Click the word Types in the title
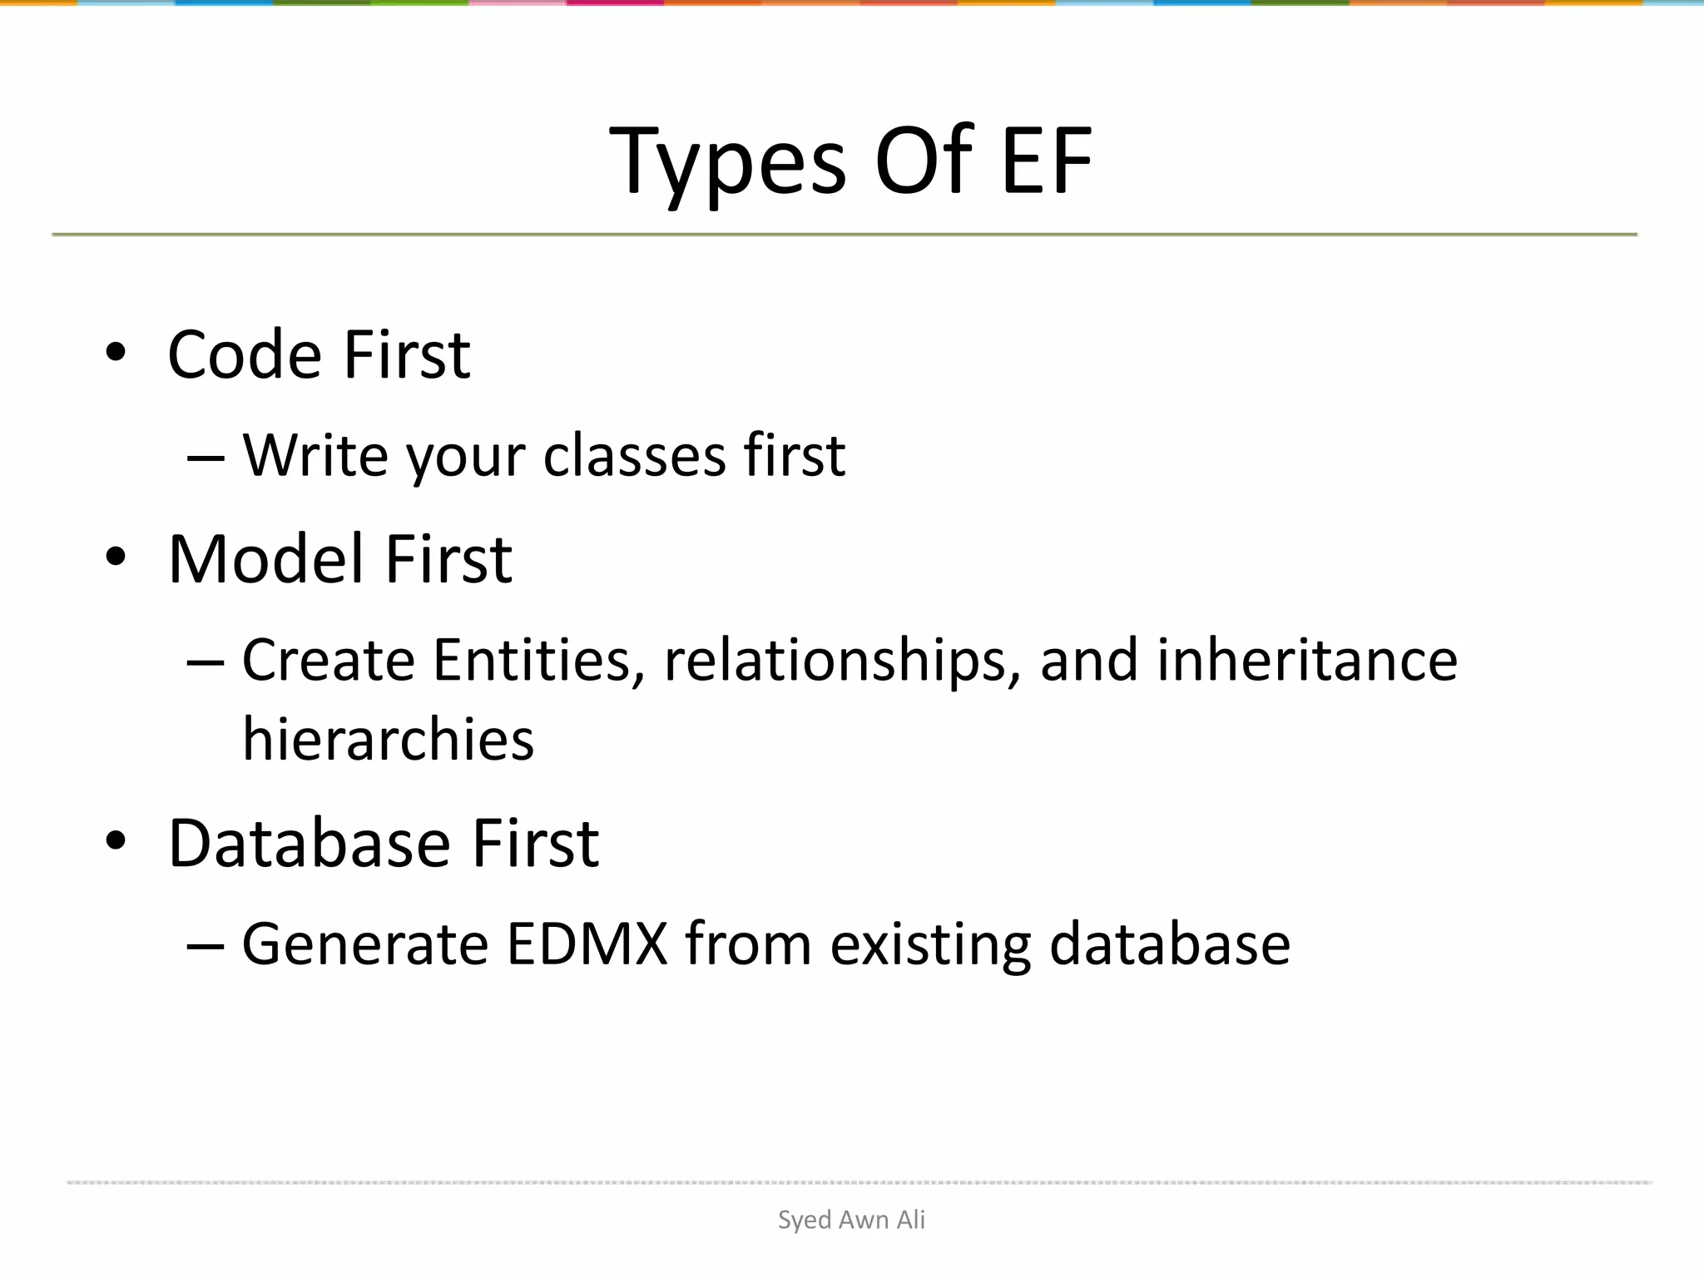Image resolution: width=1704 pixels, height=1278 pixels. point(727,162)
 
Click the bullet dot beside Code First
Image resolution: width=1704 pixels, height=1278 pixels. point(116,353)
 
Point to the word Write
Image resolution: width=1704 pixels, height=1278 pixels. point(315,456)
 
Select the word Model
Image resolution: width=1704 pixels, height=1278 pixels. point(266,559)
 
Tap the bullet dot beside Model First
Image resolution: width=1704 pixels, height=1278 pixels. point(116,557)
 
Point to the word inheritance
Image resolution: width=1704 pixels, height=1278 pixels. point(1306,660)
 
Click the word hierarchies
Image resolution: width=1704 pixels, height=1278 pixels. point(388,739)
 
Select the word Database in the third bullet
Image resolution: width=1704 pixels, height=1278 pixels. point(310,844)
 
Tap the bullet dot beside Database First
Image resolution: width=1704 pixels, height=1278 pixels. point(116,841)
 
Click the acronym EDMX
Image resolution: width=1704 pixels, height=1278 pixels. point(587,944)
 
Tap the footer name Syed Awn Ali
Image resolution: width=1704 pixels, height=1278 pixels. point(851,1220)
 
